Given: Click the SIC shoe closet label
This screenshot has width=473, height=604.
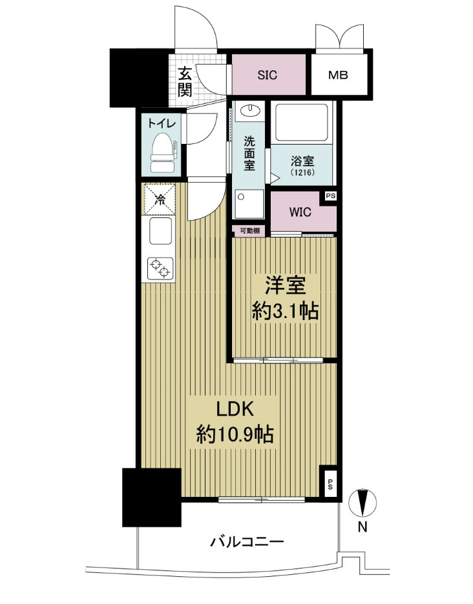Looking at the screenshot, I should click(267, 75).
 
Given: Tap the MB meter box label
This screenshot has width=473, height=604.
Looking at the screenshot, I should click(337, 75).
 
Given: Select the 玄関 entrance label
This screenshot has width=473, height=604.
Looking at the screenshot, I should click(185, 82).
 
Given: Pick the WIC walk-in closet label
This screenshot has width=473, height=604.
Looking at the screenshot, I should click(299, 212).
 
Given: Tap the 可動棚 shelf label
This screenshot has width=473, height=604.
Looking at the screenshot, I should click(249, 231).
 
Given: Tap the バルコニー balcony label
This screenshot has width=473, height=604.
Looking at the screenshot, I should click(247, 542).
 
